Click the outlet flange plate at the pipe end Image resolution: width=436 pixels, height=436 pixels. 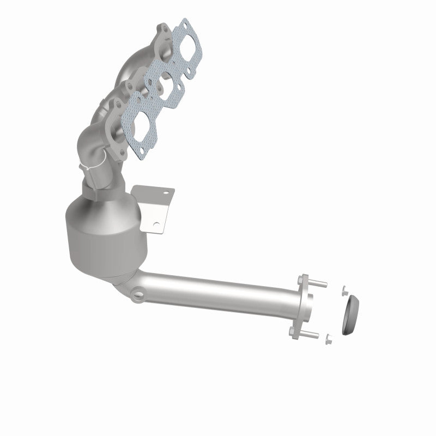(303, 308)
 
